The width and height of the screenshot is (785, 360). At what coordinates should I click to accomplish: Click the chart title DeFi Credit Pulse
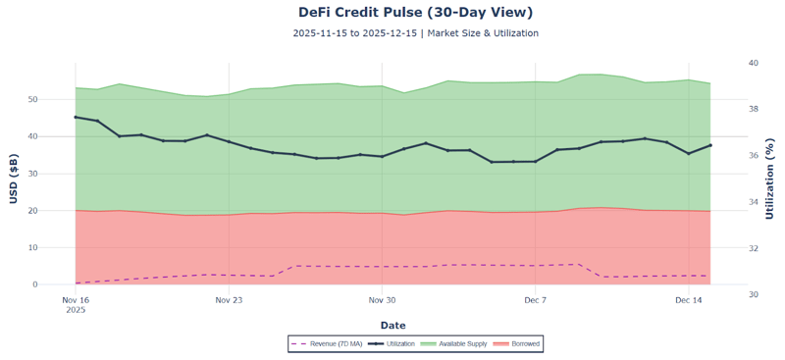pos(415,13)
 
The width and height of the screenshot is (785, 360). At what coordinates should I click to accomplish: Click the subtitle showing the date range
pos(415,33)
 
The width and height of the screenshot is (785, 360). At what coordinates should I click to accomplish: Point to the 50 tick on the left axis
pos(60,100)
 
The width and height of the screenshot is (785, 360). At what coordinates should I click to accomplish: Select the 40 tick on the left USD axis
pos(60,136)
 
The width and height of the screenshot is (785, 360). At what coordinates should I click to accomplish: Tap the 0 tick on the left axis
pos(63,284)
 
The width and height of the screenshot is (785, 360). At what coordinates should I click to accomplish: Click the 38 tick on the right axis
pos(754,109)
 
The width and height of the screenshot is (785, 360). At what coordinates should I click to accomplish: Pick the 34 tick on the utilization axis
pos(754,202)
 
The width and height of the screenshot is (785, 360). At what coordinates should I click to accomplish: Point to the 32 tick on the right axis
pos(754,248)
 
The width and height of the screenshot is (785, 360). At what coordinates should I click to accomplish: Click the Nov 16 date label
pos(76,300)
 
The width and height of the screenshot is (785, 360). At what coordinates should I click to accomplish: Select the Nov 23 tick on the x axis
pos(229,300)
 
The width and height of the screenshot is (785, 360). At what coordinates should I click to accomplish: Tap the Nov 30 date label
pos(382,300)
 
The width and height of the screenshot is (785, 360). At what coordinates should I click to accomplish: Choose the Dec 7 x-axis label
pos(535,300)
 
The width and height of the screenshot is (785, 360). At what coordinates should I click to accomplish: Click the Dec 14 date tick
pos(689,300)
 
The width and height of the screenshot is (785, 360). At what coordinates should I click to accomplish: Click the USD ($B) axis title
pos(14,178)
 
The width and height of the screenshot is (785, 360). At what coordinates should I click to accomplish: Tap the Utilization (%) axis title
pos(770,178)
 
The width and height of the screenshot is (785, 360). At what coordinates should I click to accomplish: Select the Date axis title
pos(392,326)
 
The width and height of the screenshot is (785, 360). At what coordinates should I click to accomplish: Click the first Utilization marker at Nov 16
pos(76,117)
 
